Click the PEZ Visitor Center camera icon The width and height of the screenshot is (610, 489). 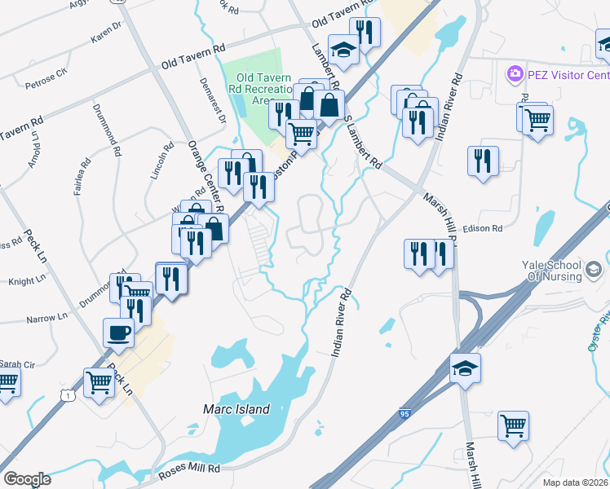[x=515, y=76]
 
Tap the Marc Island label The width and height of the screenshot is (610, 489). [x=236, y=409]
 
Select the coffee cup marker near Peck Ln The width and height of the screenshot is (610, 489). [x=118, y=333]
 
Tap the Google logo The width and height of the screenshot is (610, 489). [x=26, y=478]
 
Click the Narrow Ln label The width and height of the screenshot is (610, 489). [x=46, y=318]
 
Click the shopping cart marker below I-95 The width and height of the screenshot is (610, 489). [x=514, y=425]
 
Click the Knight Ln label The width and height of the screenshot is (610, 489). [x=27, y=281]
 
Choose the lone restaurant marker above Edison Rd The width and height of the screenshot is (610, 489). [x=483, y=160]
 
